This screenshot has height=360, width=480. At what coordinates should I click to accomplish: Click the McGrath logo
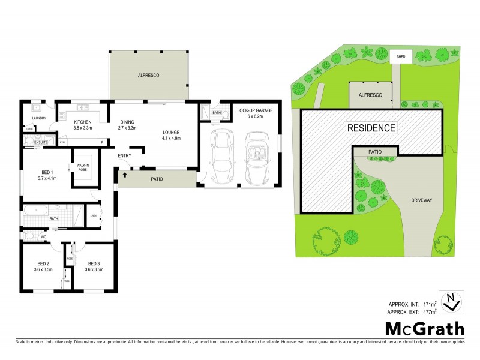coord(424,328)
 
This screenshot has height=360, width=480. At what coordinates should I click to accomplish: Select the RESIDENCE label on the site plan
coord(371,127)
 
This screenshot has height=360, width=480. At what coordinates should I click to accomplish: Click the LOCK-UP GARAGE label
coord(254,111)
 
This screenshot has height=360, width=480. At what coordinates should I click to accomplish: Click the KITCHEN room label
coord(82,122)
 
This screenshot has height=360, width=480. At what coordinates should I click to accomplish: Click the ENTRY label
coord(124,156)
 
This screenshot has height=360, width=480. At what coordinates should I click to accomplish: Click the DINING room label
coord(127,122)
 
